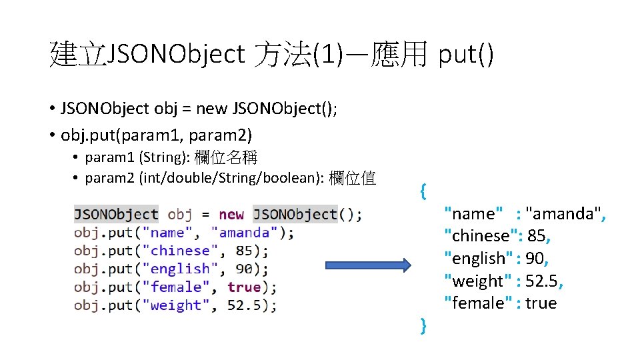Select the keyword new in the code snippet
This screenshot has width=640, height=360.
point(231,215)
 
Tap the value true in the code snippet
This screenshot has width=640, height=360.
point(244,287)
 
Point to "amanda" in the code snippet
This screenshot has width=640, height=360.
point(244,233)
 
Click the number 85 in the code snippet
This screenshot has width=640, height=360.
point(244,251)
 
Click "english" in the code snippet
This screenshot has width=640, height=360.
point(180,269)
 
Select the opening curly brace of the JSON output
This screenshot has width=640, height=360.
point(423,191)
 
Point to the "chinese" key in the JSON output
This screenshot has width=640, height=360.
point(481,236)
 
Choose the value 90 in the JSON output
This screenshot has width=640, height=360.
point(535,259)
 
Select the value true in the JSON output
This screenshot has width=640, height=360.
point(540,303)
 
